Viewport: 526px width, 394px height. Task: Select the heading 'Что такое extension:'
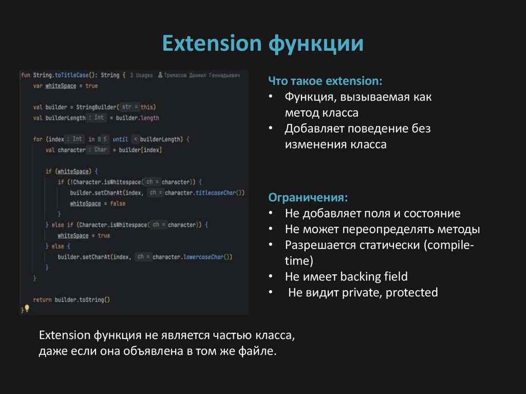[x=326, y=82]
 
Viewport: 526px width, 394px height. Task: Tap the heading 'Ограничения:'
[x=308, y=197]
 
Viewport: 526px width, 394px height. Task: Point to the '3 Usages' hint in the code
[x=141, y=75]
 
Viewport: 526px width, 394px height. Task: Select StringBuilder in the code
[x=97, y=107]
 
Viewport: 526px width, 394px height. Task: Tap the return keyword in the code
[x=42, y=299]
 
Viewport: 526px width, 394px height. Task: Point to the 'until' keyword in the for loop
[x=120, y=139]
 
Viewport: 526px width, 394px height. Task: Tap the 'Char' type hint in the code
[x=101, y=150]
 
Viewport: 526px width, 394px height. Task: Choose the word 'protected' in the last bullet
[x=411, y=293]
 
